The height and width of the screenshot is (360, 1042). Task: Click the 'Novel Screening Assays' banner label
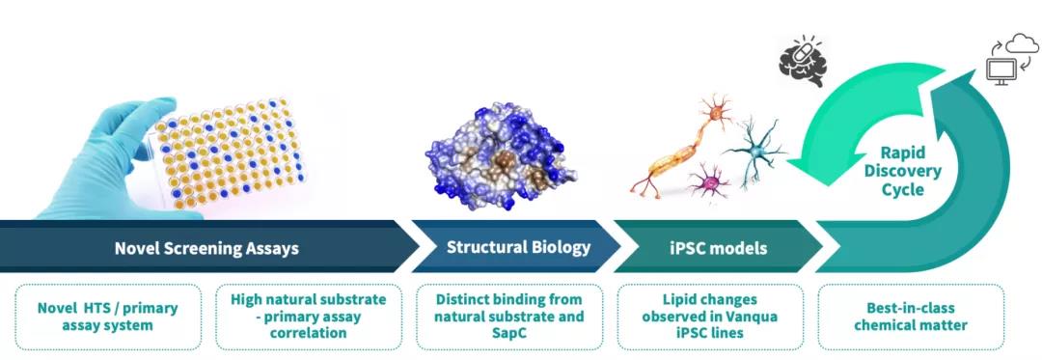point(206,248)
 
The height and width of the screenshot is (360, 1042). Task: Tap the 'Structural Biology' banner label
point(518,248)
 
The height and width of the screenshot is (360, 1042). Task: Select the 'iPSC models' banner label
point(718,248)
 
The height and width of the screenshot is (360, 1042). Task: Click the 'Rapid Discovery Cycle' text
point(902,172)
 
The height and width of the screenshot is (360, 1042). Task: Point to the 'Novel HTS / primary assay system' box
point(108,317)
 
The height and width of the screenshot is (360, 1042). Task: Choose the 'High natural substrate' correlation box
point(309,317)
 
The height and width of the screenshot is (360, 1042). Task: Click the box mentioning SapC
point(509,317)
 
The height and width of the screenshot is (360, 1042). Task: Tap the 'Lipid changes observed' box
point(710,317)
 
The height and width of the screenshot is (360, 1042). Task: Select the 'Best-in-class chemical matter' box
point(911,317)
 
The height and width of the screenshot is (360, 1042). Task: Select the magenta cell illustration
point(710,181)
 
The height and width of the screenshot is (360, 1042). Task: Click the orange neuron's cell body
point(716,114)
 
